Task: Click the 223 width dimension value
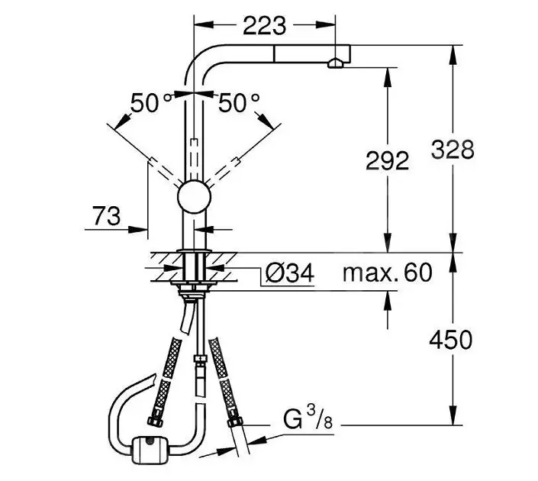[264, 26]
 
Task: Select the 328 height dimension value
[453, 150]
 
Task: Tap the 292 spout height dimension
[388, 160]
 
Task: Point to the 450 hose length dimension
[451, 340]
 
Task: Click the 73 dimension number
[107, 216]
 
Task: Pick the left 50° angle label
[150, 103]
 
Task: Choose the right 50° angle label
[239, 103]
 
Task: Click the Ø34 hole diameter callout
[290, 273]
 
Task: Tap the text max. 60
[388, 273]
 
